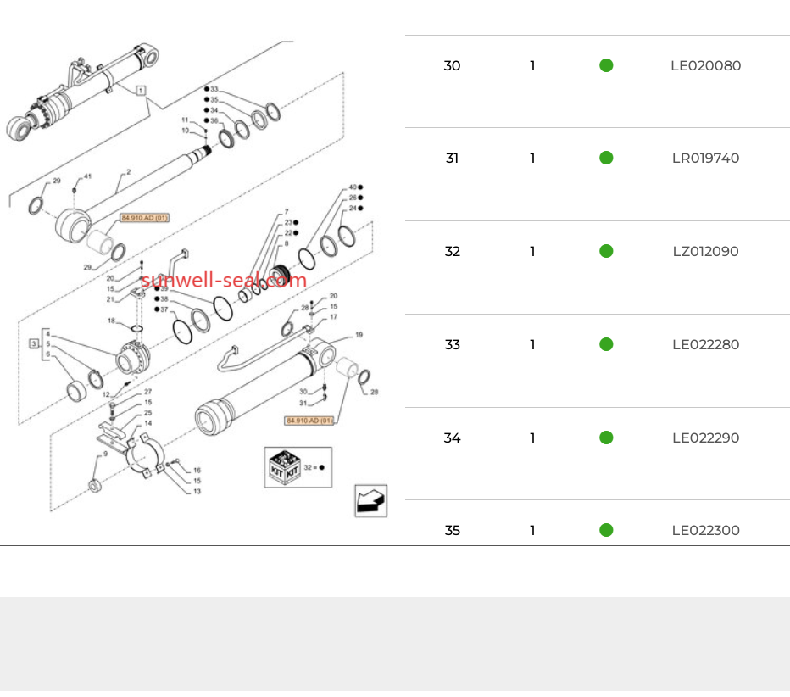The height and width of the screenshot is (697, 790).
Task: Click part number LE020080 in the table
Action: tap(705, 65)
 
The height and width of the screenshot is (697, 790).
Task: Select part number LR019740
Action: tap(705, 159)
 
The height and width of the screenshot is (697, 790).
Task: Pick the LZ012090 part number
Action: tap(705, 252)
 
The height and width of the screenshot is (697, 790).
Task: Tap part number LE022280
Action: tap(705, 345)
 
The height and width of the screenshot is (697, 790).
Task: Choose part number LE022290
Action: tap(705, 438)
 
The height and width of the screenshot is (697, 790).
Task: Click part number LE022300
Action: tap(705, 531)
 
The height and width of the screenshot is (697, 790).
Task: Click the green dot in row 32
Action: tap(606, 251)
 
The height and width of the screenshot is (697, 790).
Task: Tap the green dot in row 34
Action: tap(606, 438)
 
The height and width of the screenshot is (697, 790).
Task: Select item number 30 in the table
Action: tap(452, 65)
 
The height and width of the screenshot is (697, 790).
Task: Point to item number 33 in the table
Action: tap(452, 345)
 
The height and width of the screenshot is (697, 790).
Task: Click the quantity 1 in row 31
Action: tap(532, 159)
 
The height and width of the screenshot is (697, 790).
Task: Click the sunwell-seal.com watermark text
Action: tap(224, 281)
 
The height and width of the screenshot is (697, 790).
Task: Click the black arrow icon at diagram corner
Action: tap(370, 500)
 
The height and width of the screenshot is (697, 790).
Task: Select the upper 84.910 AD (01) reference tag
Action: tap(145, 218)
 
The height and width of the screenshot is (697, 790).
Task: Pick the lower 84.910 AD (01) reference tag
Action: tap(309, 421)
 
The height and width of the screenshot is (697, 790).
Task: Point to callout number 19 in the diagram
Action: tap(359, 336)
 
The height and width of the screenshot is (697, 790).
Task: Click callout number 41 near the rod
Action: tap(86, 176)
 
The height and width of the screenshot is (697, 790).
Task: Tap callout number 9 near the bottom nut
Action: tap(105, 454)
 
